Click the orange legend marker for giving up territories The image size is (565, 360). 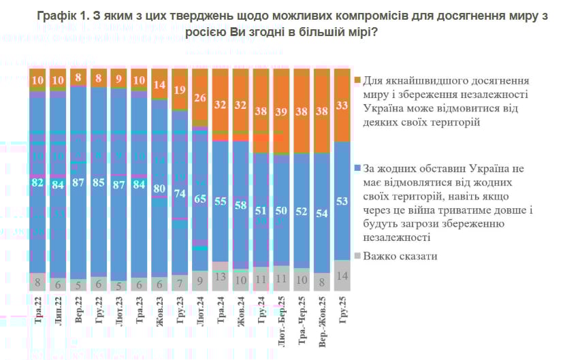357,81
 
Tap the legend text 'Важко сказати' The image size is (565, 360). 400,257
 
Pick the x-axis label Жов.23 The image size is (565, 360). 161,310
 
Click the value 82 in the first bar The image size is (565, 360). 38,183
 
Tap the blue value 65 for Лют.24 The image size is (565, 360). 201,199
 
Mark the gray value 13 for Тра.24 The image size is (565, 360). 221,277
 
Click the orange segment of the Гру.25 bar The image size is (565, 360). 343,105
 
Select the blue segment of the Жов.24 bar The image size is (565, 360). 242,204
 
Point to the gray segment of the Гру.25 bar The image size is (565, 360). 343,276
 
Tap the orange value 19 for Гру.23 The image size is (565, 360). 180,90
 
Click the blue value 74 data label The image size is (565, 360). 180,193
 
